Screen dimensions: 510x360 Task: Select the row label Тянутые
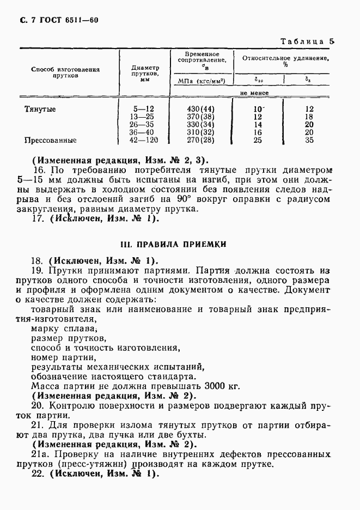coord(40,109)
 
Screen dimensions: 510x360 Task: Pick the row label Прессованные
coord(50,140)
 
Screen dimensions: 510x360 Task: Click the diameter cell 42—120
coord(143,140)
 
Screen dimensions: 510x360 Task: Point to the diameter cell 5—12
coord(144,109)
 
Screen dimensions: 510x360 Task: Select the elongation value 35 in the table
coord(309,140)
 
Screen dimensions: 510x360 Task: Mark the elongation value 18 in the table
coord(309,117)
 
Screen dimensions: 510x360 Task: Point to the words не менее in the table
coord(255,93)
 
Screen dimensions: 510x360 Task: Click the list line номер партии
coord(63,357)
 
